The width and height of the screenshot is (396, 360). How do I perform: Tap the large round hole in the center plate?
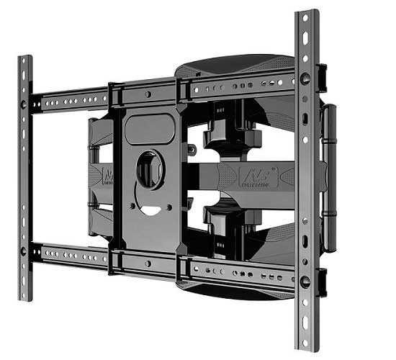(149, 169)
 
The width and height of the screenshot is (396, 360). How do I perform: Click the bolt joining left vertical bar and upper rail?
(24, 104)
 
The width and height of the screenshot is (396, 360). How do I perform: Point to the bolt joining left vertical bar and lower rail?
(24, 251)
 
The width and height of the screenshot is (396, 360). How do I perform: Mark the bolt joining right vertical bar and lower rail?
(305, 280)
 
